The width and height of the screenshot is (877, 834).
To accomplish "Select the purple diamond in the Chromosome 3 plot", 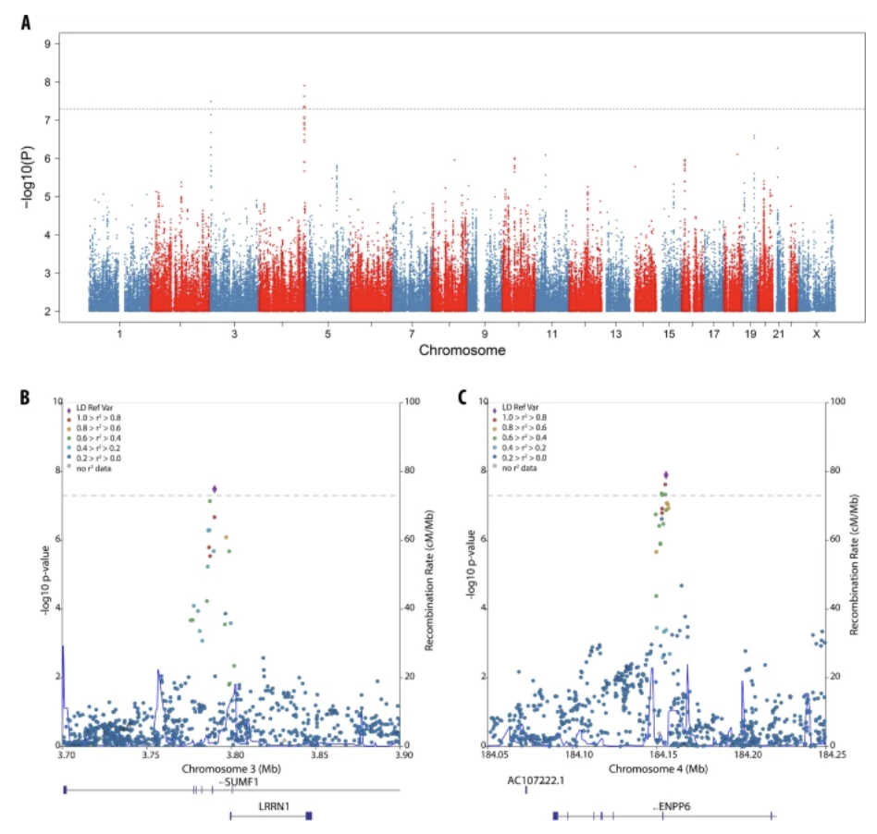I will click(215, 489).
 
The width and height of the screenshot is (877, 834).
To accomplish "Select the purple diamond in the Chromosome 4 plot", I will click(665, 475).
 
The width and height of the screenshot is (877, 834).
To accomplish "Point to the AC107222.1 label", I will click(537, 780).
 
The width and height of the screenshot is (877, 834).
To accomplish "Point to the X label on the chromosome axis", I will click(815, 334).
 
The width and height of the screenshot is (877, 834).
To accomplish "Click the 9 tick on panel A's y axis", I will click(47, 43).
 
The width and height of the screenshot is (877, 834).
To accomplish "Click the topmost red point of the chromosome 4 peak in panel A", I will click(303, 85).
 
